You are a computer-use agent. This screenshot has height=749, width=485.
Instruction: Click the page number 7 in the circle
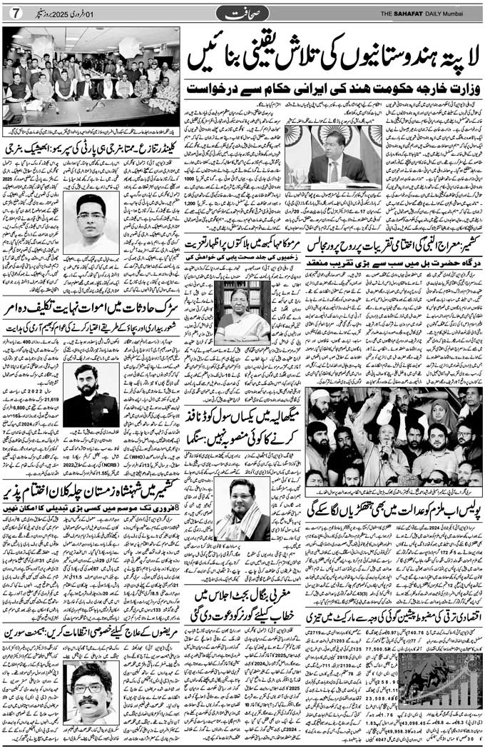point(14,13)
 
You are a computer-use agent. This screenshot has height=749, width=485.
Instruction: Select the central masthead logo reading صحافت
point(242,12)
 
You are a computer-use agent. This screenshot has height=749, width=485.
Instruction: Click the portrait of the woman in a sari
point(242,312)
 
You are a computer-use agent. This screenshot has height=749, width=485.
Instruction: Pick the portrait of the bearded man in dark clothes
point(91,396)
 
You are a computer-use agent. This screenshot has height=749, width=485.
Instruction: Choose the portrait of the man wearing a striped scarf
point(242,508)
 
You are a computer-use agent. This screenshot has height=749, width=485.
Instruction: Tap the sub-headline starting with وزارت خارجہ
point(333,91)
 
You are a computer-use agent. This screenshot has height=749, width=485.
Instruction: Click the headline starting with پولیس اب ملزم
point(394,508)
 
